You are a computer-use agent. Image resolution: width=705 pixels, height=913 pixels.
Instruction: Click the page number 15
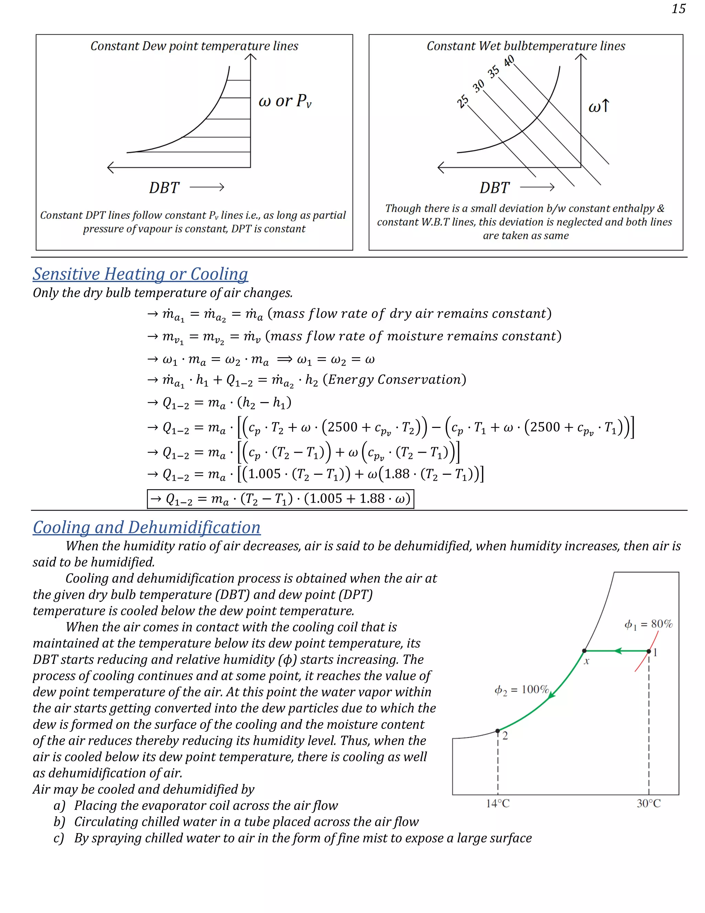678,9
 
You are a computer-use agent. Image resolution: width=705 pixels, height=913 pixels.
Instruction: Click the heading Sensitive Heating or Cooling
140,274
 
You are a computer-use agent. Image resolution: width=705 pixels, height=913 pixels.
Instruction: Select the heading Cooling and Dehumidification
147,527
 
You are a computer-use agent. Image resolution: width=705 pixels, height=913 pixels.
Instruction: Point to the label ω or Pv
285,101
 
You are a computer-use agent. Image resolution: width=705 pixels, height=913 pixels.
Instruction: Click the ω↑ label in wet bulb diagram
599,106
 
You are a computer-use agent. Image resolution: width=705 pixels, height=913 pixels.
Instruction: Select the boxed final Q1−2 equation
280,499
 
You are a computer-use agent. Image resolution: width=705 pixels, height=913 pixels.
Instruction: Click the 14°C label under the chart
497,803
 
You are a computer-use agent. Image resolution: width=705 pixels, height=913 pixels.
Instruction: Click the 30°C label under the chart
648,803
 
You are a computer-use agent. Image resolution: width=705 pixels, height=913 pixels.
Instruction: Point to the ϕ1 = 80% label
648,625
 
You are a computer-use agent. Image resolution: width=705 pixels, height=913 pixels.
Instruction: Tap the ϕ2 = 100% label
521,690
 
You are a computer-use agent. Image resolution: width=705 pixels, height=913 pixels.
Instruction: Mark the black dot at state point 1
649,651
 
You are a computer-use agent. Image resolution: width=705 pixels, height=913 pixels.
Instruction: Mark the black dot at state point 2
497,731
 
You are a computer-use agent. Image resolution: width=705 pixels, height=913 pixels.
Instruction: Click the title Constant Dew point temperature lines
194,46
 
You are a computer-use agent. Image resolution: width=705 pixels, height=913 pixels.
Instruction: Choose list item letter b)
59,822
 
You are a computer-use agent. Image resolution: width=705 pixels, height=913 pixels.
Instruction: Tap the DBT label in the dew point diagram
164,188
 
